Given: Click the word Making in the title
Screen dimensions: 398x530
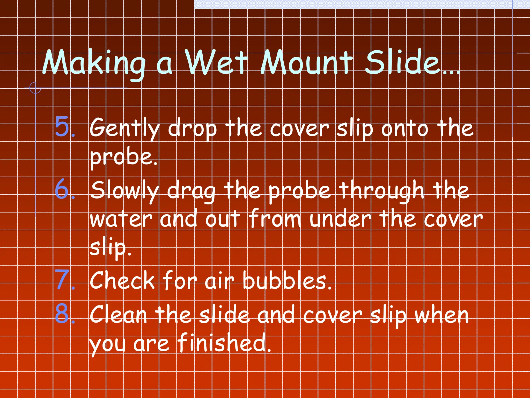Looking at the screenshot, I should click(94, 63).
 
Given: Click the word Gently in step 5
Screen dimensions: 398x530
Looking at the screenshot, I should click(124, 128).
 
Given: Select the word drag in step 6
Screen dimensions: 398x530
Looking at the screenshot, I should click(191, 192).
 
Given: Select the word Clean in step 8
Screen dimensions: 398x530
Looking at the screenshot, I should click(119, 315).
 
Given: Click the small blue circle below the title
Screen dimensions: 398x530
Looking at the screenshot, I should click(35, 88).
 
